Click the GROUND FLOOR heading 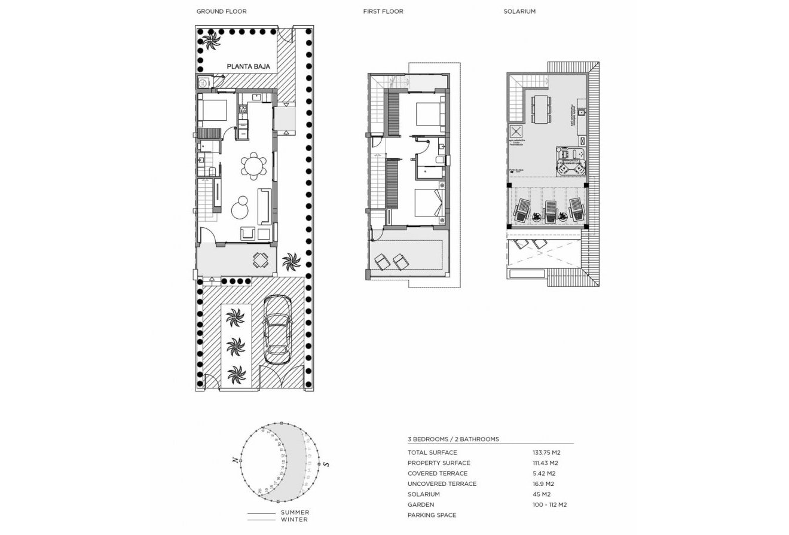221,11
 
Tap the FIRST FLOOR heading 383,11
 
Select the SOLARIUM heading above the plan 519,11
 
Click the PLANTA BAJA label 248,67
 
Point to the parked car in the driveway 277,330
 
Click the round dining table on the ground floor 256,166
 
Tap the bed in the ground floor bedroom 213,110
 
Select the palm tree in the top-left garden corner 210,42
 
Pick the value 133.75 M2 546,453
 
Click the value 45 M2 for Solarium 541,494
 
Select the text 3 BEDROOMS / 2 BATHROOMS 452,439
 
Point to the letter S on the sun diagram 326,464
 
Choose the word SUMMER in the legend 295,512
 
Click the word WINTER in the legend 294,519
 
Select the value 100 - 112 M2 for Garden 549,505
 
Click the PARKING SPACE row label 432,515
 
